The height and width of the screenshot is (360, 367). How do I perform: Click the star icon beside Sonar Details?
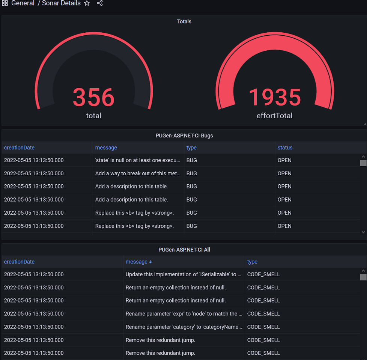click(x=87, y=3)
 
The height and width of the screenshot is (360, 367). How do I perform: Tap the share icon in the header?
click(x=100, y=3)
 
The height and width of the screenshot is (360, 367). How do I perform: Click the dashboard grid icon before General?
click(x=5, y=3)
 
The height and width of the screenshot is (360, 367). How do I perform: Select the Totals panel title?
click(x=184, y=21)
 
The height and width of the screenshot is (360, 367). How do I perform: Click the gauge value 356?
click(x=93, y=97)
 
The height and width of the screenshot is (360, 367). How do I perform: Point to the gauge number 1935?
click(x=275, y=97)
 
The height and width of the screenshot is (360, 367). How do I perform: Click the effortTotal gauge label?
click(x=274, y=116)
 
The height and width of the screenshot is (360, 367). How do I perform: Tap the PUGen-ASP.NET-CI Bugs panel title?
click(x=184, y=136)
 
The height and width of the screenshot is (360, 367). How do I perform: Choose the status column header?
click(x=285, y=148)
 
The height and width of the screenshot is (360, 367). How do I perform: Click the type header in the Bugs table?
click(x=191, y=148)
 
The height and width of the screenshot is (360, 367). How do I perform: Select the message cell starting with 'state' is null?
click(x=138, y=160)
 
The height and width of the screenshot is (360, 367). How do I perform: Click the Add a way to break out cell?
click(x=138, y=173)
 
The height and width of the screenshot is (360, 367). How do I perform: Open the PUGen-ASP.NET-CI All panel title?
click(x=184, y=250)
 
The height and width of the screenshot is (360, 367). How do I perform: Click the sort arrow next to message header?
click(x=150, y=262)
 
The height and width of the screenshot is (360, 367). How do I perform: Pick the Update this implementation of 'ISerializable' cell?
click(x=183, y=274)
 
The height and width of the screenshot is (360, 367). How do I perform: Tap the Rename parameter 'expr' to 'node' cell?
click(x=183, y=314)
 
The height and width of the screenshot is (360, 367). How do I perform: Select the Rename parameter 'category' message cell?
click(x=183, y=327)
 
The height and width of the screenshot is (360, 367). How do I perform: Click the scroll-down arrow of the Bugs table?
click(x=363, y=232)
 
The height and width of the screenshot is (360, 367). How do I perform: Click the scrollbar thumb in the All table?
click(x=363, y=277)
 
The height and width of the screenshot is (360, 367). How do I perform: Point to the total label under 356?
click(x=93, y=116)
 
